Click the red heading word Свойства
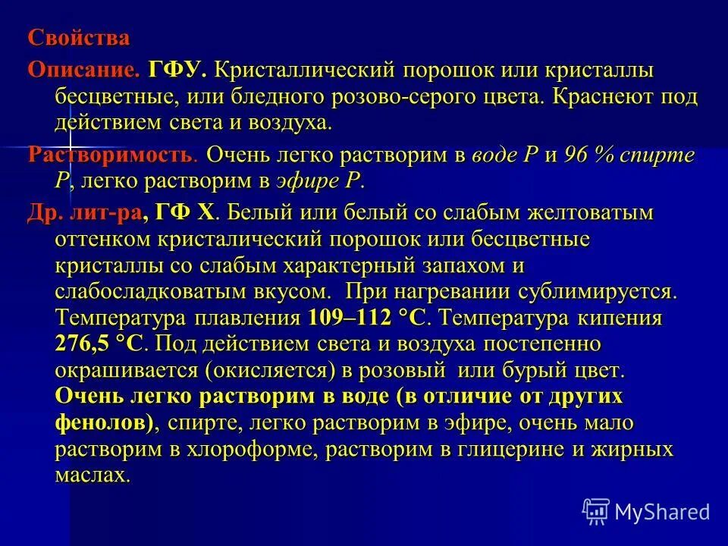point(79,38)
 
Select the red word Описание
point(84,71)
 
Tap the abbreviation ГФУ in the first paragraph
point(177,71)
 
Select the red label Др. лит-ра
point(84,214)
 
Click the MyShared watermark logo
point(646,511)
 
